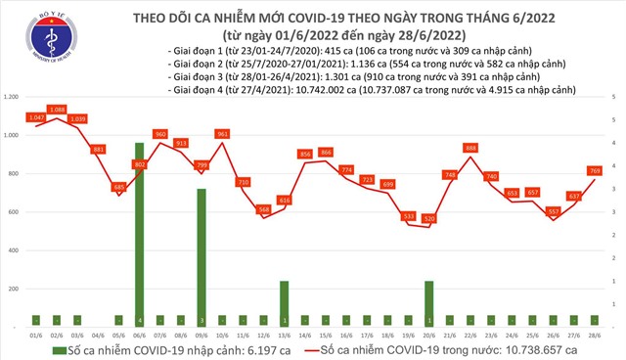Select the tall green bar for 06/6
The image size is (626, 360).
pyautogui.click(x=140, y=235)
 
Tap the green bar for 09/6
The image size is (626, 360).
pyautogui.click(x=201, y=257)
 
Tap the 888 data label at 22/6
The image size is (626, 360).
pyautogui.click(x=471, y=148)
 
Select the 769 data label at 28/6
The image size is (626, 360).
pyautogui.click(x=595, y=171)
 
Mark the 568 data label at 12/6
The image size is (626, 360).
pyautogui.click(x=263, y=209)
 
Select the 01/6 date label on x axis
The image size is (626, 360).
pyautogui.click(x=36, y=333)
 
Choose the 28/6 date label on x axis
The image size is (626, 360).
pyautogui.click(x=596, y=333)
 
